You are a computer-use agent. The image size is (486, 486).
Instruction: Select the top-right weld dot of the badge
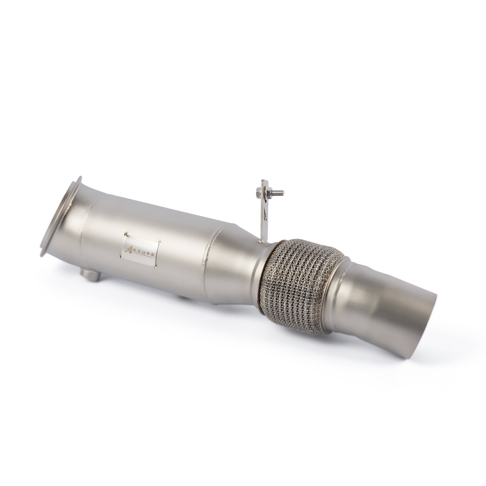pyautogui.click(x=159, y=237)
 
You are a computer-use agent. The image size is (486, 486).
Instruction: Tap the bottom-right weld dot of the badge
pyautogui.click(x=156, y=269)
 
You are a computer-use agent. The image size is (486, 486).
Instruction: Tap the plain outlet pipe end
pyautogui.click(x=412, y=327)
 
